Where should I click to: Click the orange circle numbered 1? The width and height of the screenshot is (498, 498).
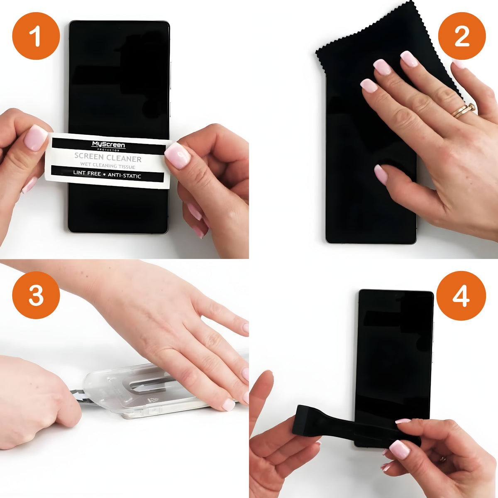click(x=36, y=36)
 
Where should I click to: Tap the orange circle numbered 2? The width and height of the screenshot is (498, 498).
click(x=462, y=36)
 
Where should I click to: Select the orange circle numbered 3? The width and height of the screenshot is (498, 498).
click(x=36, y=295)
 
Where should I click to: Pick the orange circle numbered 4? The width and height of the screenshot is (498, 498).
click(x=461, y=295)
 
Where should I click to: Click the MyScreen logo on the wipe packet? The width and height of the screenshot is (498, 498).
click(x=108, y=146)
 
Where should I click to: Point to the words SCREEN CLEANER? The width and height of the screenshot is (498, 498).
click(x=108, y=158)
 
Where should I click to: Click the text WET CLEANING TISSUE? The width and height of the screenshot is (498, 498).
click(x=107, y=165)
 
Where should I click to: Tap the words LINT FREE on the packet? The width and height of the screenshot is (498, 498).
click(x=87, y=173)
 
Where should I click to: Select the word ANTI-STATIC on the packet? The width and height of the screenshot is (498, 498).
click(x=124, y=176)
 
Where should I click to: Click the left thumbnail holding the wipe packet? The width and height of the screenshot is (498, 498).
click(x=35, y=138)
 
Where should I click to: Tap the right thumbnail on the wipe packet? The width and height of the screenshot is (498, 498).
click(x=178, y=156)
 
